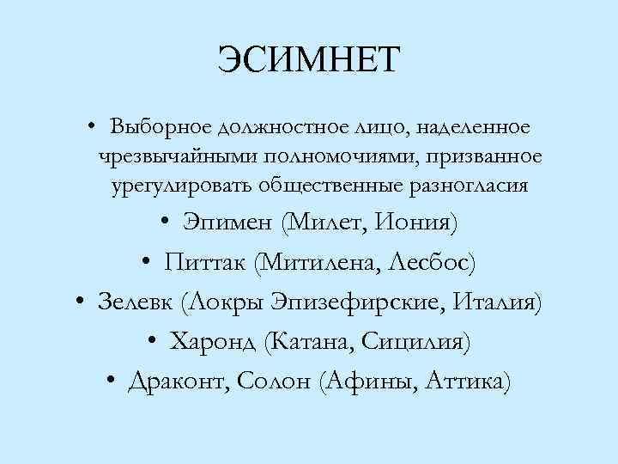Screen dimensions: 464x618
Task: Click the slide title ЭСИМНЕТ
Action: pos(309,60)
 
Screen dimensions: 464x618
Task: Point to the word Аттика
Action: pos(469,381)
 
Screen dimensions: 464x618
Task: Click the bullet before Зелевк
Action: pos(78,302)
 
